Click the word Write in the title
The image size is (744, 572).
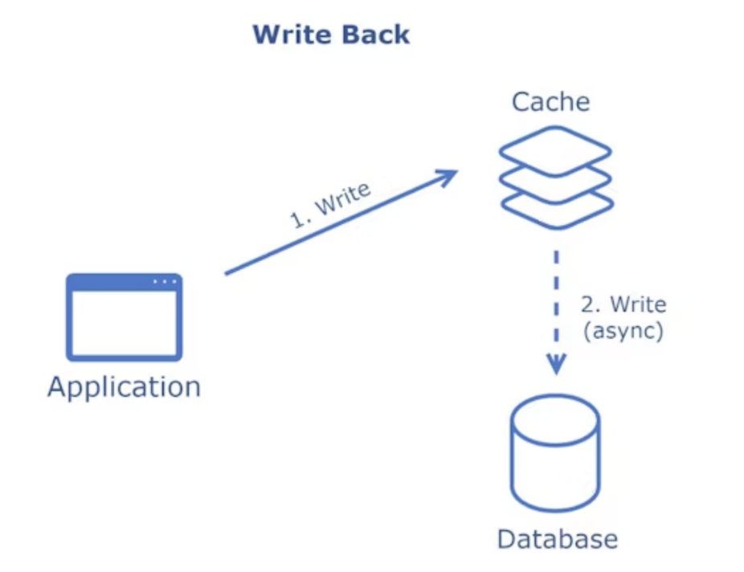292,35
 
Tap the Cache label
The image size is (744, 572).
550,101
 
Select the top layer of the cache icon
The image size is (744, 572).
555,151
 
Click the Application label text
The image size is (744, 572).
125,387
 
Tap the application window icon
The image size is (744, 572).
124,317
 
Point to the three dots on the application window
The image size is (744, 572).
165,282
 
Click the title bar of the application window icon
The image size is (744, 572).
124,282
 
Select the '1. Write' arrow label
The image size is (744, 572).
330,205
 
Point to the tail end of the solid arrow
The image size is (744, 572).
226,274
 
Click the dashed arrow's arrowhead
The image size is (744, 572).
556,364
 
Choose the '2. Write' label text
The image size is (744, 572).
623,304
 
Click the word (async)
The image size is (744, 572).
623,330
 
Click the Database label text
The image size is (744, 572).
558,539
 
